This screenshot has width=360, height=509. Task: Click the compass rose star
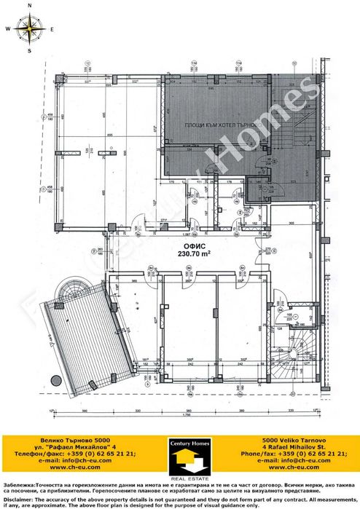[x=30, y=29]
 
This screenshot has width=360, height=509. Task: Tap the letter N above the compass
[x=30, y=5]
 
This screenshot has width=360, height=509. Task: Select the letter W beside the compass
[x=7, y=29]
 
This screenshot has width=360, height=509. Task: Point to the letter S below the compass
[x=30, y=52]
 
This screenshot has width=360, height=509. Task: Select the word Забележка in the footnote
[x=18, y=484]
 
